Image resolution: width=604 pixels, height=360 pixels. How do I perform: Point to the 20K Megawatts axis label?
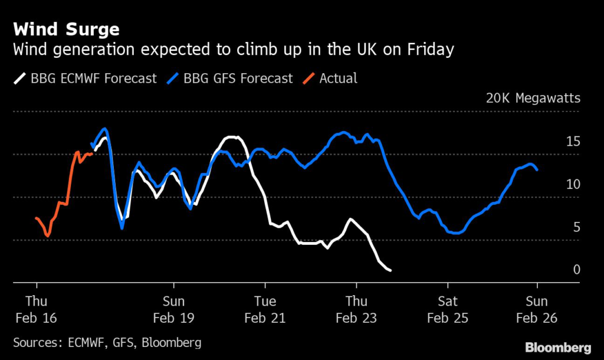tap(533, 98)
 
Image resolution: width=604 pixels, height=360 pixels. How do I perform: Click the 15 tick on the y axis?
tap(573, 141)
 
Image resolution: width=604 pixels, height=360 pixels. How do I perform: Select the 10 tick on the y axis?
tap(573, 184)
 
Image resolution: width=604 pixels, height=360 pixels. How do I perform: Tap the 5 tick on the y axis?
tap(577, 227)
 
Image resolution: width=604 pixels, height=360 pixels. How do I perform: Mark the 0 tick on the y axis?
tap(577, 270)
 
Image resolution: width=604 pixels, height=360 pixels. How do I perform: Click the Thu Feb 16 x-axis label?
tap(36, 309)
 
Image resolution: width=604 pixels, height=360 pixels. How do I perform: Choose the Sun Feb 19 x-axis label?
tap(173, 309)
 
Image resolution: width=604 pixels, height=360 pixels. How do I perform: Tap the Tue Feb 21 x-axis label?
tap(265, 309)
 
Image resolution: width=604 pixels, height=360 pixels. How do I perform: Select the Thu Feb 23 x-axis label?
tap(356, 309)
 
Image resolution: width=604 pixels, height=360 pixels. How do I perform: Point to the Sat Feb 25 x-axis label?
tap(448, 309)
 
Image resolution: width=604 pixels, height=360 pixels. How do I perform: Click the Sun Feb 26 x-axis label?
tap(537, 309)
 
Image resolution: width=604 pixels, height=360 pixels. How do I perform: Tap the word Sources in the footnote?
tap(35, 342)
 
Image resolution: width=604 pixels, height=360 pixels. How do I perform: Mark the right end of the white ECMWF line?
tap(390, 270)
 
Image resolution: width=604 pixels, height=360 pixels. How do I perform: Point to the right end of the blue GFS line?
tap(537, 169)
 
